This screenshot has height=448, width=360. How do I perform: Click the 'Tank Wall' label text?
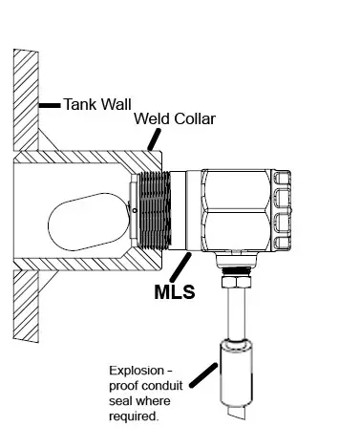pyautogui.click(x=96, y=102)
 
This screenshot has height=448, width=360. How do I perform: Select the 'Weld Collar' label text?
pyautogui.click(x=175, y=120)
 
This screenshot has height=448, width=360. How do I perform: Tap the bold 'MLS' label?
pyautogui.click(x=175, y=291)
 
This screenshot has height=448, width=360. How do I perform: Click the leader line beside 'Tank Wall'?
pyautogui.click(x=50, y=102)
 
